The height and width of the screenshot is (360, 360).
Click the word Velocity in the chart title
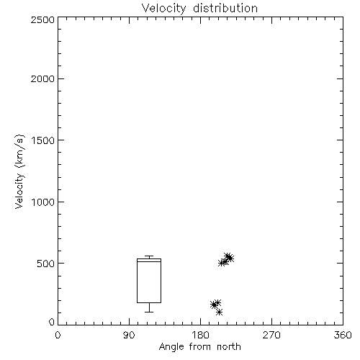[164, 8]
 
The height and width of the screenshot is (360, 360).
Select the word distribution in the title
[225, 8]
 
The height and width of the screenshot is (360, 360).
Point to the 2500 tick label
[42, 19]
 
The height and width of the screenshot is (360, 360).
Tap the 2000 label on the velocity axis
[42, 78]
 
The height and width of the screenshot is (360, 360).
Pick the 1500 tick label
[43, 140]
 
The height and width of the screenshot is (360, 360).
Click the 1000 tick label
[43, 202]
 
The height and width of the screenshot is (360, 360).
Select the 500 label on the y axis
[46, 264]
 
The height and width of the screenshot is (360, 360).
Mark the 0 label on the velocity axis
[52, 322]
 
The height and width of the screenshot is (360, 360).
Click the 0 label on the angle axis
[58, 335]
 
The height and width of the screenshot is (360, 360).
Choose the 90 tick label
[129, 335]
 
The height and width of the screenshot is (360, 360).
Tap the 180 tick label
[200, 335]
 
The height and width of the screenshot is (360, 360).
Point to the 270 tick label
[271, 335]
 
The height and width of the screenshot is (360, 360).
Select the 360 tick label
[343, 335]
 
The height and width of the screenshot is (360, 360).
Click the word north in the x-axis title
[229, 347]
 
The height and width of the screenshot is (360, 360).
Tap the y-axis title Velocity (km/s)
[19, 171]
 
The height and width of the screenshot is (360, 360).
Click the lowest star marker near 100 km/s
[219, 312]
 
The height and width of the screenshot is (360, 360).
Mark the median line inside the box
[149, 261]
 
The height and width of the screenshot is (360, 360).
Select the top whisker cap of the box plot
[149, 256]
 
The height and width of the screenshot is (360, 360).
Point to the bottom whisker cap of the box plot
[149, 312]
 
